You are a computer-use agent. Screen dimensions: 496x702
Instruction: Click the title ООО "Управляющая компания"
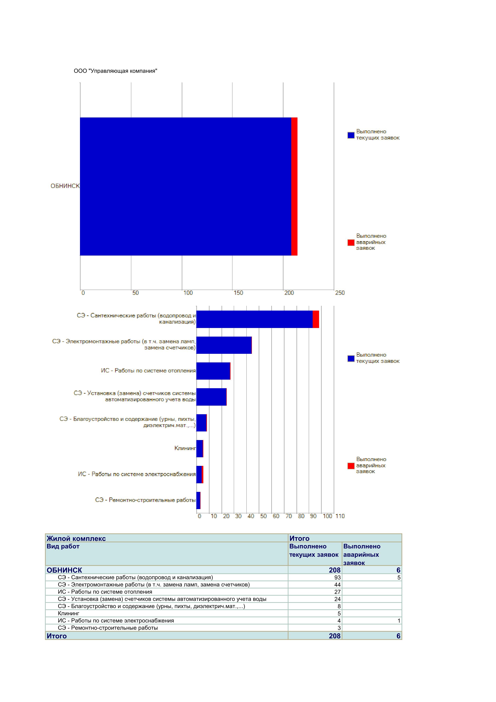[x=115, y=71]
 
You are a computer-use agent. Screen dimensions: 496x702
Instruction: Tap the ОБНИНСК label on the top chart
[x=65, y=186]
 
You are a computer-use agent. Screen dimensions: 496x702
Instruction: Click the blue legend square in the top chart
[x=351, y=135]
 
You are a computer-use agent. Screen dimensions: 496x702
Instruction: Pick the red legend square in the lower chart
[x=351, y=466]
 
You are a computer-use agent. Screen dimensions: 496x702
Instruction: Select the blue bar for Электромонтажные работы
[x=224, y=345]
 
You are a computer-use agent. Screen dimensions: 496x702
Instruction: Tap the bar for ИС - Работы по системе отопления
[x=213, y=371]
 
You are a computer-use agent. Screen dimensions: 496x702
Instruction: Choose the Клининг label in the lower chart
[x=185, y=448]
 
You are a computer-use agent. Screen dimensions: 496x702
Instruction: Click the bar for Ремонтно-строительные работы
[x=198, y=500]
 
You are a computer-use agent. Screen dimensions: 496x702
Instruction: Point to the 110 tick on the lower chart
[x=340, y=516]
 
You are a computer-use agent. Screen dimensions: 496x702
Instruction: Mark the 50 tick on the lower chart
[x=263, y=516]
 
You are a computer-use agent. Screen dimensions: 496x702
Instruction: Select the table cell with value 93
[x=337, y=578]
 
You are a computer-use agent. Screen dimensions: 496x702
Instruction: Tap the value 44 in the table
[x=337, y=585]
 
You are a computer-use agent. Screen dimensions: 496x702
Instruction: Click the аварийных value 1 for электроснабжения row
[x=399, y=621]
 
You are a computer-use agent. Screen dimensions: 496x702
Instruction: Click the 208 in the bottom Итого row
[x=335, y=636]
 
